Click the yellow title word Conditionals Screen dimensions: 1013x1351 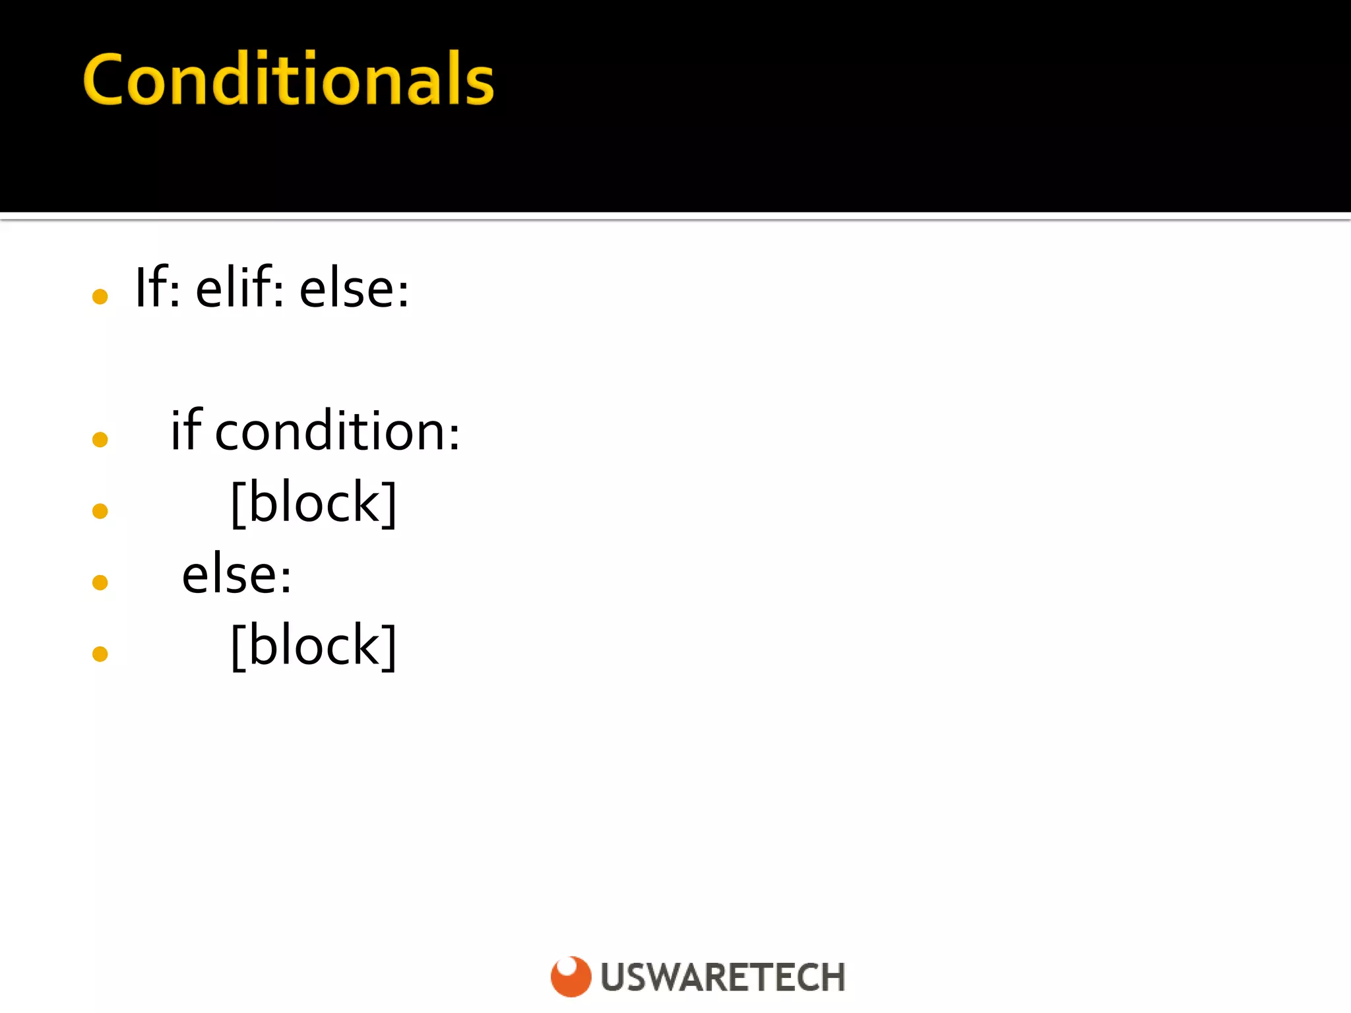[x=288, y=80]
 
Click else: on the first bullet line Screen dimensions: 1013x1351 [x=354, y=289]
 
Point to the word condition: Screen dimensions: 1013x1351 [x=337, y=432]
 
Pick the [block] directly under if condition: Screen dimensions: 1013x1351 [x=314, y=503]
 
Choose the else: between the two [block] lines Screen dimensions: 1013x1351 [x=236, y=574]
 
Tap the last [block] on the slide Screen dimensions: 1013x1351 [x=314, y=646]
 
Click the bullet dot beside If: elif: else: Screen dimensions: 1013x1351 [x=100, y=297]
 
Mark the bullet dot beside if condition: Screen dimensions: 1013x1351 [x=100, y=439]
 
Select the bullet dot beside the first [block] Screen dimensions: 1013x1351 [x=100, y=511]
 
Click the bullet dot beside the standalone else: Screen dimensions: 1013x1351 [x=100, y=582]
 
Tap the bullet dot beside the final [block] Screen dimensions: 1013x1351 [x=100, y=654]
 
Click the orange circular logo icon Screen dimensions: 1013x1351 [x=571, y=976]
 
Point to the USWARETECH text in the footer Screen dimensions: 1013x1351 [x=723, y=977]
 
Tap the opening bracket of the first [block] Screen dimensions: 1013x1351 [x=237, y=504]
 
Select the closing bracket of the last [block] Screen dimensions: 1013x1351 [x=391, y=647]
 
